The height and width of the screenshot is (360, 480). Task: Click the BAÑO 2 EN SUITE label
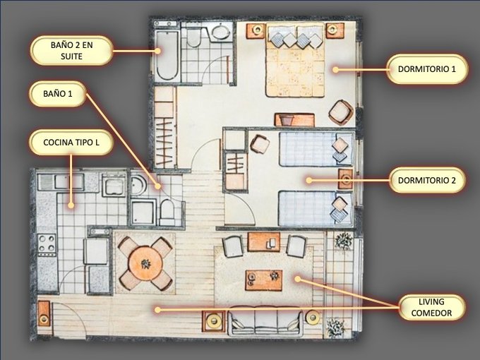click(x=71, y=51)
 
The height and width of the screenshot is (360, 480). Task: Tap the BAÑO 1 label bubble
click(x=58, y=94)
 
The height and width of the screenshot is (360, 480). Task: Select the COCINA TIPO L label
click(x=71, y=143)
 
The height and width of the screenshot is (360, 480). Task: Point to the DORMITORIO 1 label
click(x=427, y=69)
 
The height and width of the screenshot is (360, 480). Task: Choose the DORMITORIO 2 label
click(x=427, y=180)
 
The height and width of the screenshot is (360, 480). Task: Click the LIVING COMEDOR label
click(x=431, y=307)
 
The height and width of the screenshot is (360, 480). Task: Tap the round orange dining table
click(x=145, y=263)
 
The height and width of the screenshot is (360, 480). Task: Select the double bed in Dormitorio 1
click(x=295, y=60)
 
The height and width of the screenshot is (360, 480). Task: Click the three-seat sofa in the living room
click(x=265, y=320)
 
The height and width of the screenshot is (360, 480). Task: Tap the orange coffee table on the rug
click(x=263, y=280)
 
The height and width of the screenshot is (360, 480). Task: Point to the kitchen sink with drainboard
click(x=61, y=182)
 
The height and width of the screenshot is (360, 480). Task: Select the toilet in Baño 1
click(x=167, y=212)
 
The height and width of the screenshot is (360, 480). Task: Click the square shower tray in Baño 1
click(x=143, y=212)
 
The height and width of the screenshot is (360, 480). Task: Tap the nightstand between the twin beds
click(x=346, y=179)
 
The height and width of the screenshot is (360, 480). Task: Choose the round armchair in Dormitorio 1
click(x=340, y=112)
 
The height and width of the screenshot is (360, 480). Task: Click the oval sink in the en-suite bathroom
click(x=220, y=32)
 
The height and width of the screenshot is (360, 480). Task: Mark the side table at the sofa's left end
click(x=213, y=320)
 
